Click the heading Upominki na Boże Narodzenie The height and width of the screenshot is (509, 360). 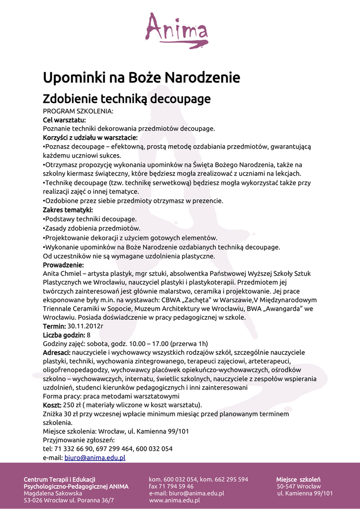coord(141,78)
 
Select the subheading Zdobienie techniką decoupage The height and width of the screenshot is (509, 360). coord(127,98)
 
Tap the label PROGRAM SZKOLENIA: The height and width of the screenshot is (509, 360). coord(78,111)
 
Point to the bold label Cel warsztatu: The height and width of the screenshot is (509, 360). coord(64,120)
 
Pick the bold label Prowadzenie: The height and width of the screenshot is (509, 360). coord(63,265)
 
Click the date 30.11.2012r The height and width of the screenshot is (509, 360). coord(86,326)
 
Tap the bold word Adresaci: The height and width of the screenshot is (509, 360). coord(57,352)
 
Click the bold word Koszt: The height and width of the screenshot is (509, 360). coord(52,405)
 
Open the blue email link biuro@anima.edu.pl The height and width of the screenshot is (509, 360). coord(94,457)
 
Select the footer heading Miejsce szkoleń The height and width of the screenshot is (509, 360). coord(298,479)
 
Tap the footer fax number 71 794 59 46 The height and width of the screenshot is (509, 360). coord(176,486)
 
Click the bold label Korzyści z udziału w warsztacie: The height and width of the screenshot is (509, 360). coord(90,137)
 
